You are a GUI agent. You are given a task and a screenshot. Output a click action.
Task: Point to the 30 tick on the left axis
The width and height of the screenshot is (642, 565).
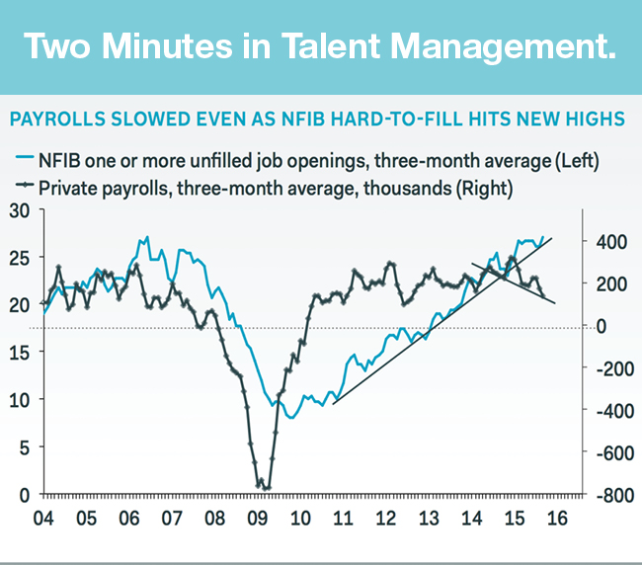coord(20,209)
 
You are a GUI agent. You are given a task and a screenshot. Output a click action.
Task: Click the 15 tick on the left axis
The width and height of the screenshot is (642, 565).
coord(20,352)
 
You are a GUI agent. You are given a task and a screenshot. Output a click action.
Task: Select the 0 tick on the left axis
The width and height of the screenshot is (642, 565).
coord(25,494)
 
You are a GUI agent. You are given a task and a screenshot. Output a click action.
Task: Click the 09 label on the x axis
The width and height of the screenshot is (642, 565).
coord(258,517)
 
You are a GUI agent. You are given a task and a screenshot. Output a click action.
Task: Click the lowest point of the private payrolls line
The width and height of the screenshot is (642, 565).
coord(265,487)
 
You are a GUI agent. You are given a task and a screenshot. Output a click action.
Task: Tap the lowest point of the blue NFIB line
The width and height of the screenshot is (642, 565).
coord(291,418)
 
